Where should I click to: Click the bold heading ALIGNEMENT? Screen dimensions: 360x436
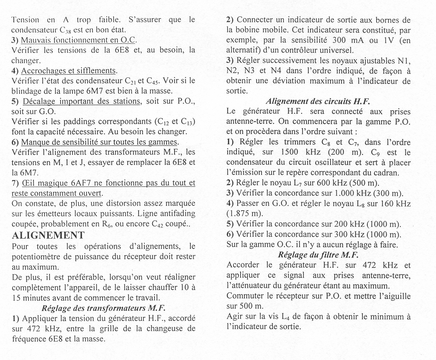pos(49,235)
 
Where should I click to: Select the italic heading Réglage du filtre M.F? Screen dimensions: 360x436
pos(318,255)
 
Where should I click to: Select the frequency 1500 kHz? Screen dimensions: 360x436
pos(296,152)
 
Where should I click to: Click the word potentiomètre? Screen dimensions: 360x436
pos(39,255)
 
